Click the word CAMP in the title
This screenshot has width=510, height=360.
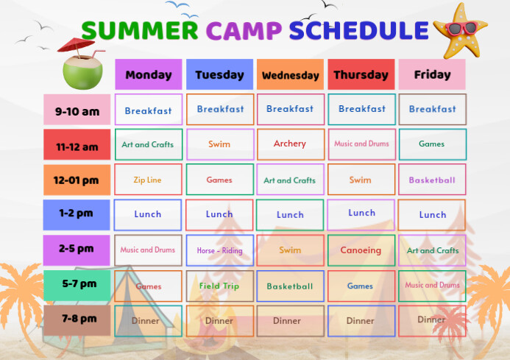pyautogui.click(x=244, y=31)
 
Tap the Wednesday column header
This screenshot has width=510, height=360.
pyautogui.click(x=290, y=74)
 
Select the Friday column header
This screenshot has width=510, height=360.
pyautogui.click(x=432, y=74)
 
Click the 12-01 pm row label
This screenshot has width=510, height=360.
pyautogui.click(x=77, y=180)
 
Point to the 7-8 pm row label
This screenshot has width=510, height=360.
pyautogui.click(x=77, y=320)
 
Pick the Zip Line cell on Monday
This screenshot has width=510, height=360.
pyautogui.click(x=149, y=180)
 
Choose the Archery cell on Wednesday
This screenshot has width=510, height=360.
pyautogui.click(x=291, y=144)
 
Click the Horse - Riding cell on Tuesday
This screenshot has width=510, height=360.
pyautogui.click(x=220, y=250)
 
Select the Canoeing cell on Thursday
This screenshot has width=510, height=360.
pyautogui.click(x=361, y=250)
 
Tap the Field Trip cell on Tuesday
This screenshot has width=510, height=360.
pyautogui.click(x=220, y=286)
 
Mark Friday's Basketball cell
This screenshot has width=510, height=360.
pyautogui.click(x=432, y=180)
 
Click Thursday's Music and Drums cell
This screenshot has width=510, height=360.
pyautogui.click(x=361, y=144)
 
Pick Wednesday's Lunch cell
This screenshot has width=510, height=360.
pyautogui.click(x=290, y=215)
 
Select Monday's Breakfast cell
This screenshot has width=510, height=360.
pyautogui.click(x=149, y=110)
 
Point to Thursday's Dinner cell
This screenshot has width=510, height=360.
pyautogui.click(x=361, y=321)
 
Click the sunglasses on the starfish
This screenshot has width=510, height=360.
pyautogui.click(x=462, y=28)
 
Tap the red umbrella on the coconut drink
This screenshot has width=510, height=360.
pyautogui.click(x=76, y=45)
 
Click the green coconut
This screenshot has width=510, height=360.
pyautogui.click(x=82, y=72)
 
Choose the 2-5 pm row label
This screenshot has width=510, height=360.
pyautogui.click(x=77, y=250)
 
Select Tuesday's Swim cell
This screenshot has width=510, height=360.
pyautogui.click(x=220, y=144)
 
